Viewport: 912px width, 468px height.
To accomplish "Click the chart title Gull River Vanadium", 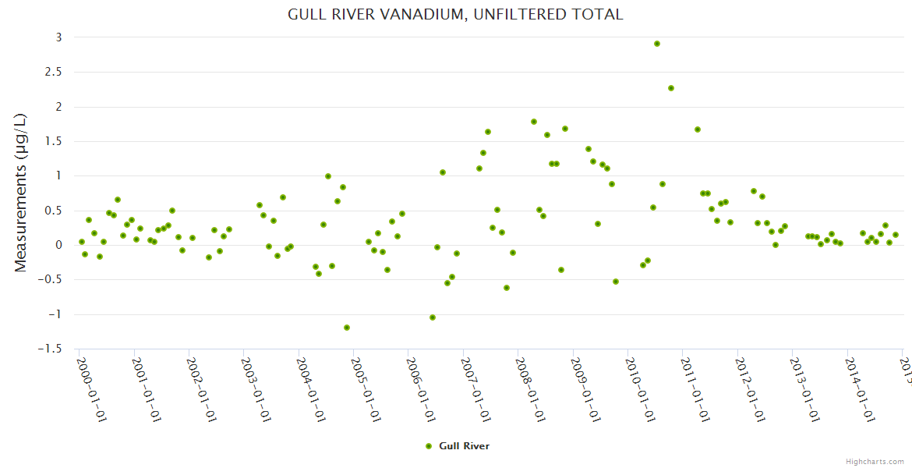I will coord(455,14).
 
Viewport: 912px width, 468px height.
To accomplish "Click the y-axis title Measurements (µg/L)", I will coord(21,192).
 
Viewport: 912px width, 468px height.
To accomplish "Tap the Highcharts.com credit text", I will coord(875,461).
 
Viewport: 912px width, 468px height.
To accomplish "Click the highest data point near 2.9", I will coord(657,44).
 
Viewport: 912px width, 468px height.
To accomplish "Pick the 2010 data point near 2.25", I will coord(671,88).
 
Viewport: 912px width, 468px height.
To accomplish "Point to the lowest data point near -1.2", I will coord(347,328).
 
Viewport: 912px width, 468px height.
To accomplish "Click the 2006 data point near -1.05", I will coord(433,317).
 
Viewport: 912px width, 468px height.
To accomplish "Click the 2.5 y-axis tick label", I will coord(53,72).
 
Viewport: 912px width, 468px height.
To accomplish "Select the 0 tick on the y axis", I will coord(58,245).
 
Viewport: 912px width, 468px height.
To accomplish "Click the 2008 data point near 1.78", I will coord(534,122).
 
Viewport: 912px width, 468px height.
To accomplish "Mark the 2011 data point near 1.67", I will coord(698,129).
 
